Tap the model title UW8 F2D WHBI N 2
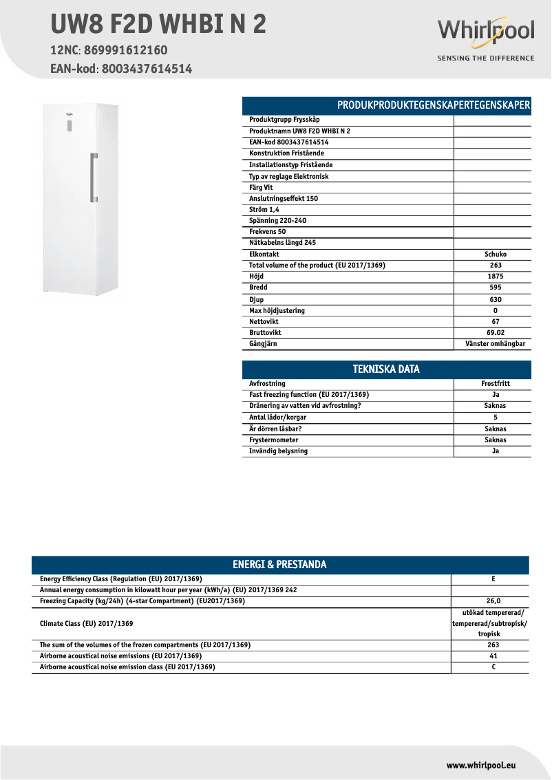pos(158,25)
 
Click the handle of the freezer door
pos(93,177)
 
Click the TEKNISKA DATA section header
pos(386,369)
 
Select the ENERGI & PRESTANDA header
pos(279,565)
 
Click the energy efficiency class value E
pos(493,579)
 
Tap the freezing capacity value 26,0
pos(493,601)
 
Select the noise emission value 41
pos(493,656)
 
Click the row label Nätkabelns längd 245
pos(282,243)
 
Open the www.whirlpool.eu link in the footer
pos(481,765)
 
